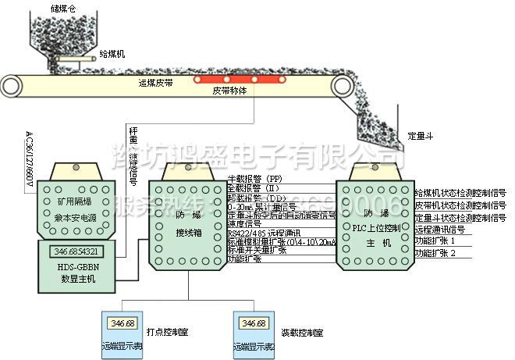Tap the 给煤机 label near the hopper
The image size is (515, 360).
(111, 55)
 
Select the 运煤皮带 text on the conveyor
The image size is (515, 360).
(154, 82)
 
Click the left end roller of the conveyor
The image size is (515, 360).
(10, 83)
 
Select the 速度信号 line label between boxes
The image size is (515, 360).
(243, 223)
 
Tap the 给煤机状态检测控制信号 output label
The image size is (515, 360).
(460, 193)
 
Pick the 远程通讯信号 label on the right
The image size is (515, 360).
(439, 230)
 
